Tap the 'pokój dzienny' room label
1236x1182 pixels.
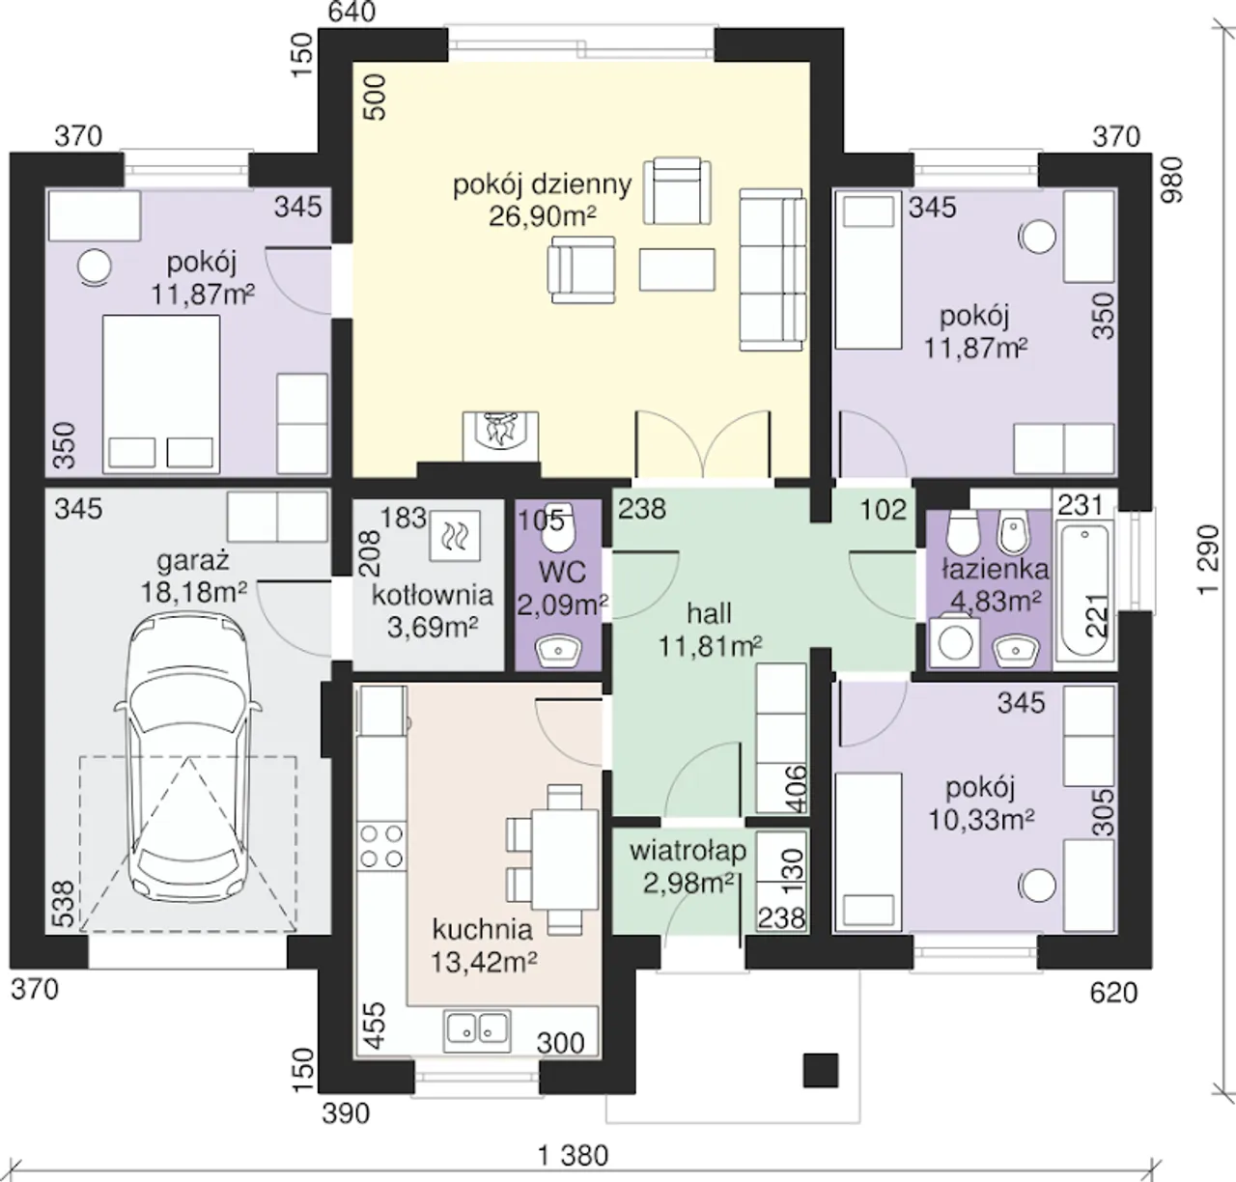543,184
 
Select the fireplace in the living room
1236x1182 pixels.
500,436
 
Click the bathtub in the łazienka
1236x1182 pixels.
1084,588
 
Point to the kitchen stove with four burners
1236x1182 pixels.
381,845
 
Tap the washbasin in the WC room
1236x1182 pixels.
558,650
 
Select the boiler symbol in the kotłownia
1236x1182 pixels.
455,535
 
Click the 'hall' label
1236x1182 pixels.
709,613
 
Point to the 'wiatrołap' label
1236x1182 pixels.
688,852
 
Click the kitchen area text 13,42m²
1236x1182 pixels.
484,962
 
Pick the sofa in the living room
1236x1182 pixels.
772,269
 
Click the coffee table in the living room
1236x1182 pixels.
677,269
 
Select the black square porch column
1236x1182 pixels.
821,1071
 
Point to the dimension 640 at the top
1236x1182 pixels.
351,12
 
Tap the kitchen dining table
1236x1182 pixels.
565,859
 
